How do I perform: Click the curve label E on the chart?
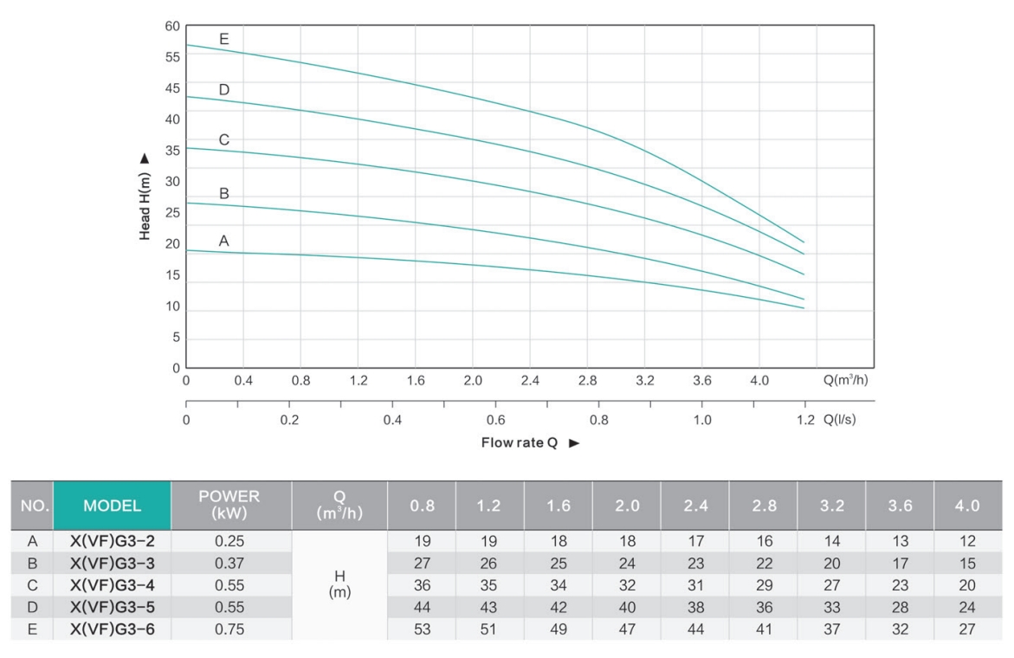click(x=224, y=39)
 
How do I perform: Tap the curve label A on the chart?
click(x=223, y=242)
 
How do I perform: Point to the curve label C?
click(x=224, y=139)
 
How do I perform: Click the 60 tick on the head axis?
click(x=172, y=26)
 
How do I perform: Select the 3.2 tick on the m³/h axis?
click(x=644, y=381)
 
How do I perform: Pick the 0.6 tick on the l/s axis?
click(x=496, y=420)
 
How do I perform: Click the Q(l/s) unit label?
click(x=839, y=420)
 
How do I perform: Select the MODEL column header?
click(x=112, y=506)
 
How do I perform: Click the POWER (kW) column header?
click(x=230, y=506)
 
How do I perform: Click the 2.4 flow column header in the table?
click(x=694, y=506)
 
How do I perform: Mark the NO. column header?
click(x=32, y=506)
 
